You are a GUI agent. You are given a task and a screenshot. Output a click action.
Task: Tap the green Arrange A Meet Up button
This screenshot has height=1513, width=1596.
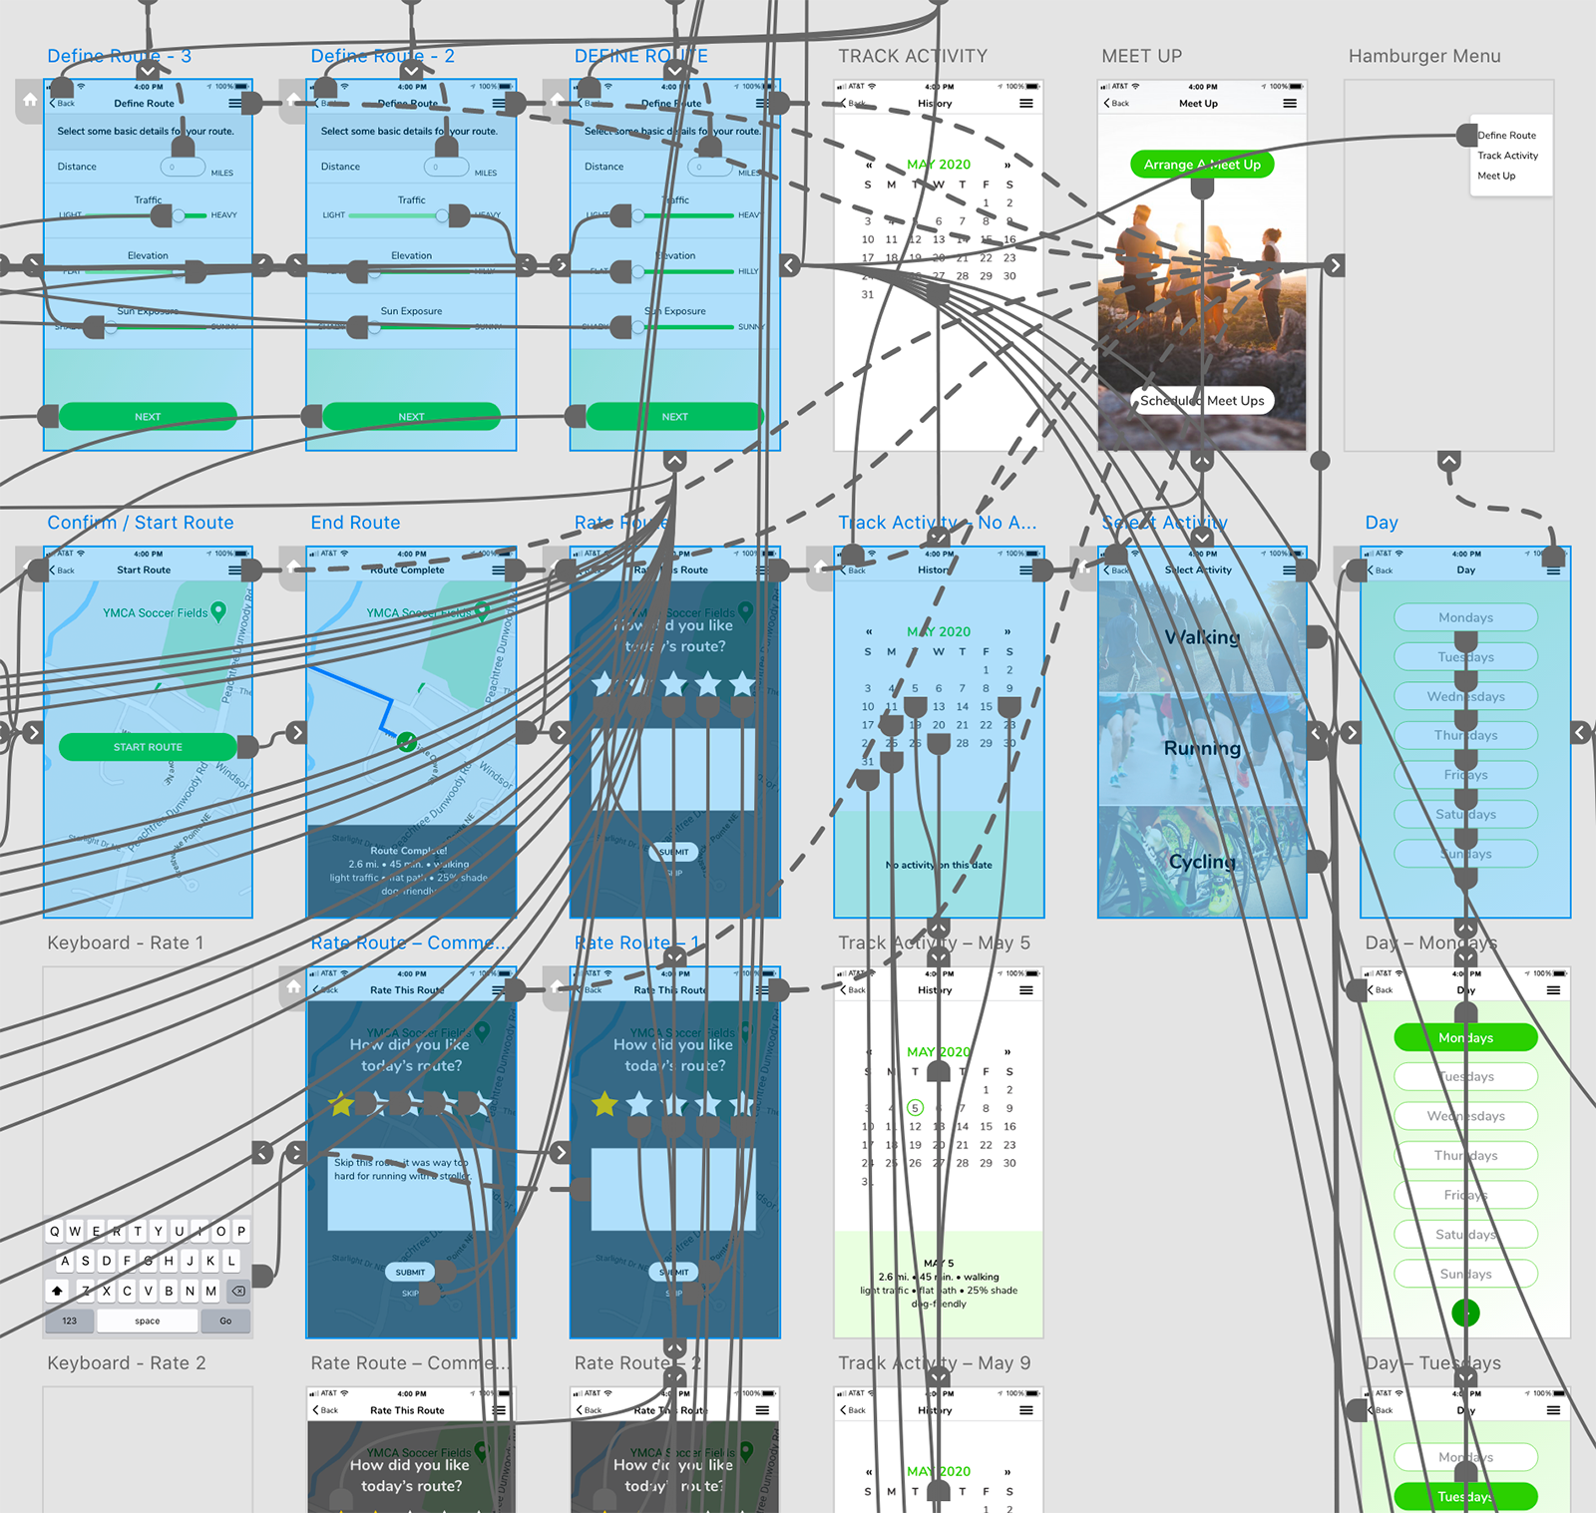1202,165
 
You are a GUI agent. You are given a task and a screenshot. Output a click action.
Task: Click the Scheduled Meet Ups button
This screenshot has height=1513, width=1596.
1202,401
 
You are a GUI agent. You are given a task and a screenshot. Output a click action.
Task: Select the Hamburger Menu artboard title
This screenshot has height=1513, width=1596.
1423,57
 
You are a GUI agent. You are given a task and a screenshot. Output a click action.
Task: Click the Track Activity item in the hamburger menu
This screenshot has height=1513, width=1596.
1507,156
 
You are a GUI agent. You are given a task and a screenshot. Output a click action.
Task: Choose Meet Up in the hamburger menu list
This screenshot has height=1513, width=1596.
1495,177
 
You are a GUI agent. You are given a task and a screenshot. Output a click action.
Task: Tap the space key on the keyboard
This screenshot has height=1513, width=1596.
147,1321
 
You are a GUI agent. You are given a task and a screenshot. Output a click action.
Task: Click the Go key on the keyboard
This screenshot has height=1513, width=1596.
225,1321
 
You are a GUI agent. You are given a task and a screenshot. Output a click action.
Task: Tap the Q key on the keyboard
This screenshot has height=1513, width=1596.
55,1231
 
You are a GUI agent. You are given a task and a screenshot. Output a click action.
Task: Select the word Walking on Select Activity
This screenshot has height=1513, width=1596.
1202,637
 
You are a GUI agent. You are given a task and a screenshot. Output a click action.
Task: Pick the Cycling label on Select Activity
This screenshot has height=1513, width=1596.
1202,862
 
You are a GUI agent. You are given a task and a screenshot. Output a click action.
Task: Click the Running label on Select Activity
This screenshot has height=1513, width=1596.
1202,748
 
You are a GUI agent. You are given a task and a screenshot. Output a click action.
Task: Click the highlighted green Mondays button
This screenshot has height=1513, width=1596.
1465,1037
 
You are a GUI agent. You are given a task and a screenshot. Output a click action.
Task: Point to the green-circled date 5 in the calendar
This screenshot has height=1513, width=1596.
915,1108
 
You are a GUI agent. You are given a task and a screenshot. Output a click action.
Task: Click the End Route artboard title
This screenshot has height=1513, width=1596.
355,523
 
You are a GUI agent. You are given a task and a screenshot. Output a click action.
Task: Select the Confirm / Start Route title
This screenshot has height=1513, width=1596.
141,523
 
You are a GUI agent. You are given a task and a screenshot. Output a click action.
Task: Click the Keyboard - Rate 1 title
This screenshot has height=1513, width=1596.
126,943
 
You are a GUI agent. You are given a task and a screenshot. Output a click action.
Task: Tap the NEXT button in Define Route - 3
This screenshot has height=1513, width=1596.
148,417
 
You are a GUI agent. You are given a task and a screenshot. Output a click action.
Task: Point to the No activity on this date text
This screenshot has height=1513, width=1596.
939,865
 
